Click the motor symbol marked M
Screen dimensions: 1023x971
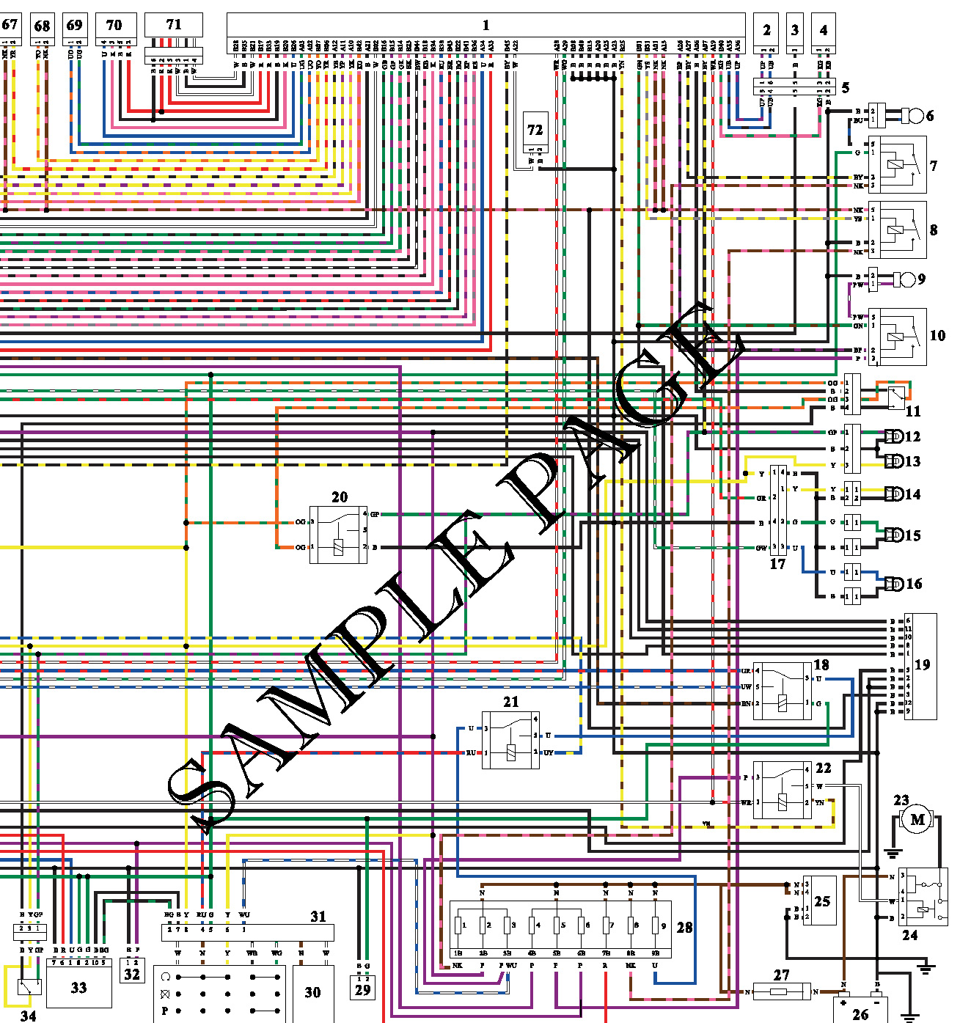tap(917, 819)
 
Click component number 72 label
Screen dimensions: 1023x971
tap(535, 131)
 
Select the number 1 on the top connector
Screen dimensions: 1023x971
tap(485, 25)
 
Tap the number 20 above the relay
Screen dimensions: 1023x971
tap(340, 497)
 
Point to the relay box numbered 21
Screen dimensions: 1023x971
tap(510, 740)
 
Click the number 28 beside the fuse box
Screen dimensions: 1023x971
tap(684, 928)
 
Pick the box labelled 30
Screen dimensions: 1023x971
tap(312, 992)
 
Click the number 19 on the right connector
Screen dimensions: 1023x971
tap(922, 664)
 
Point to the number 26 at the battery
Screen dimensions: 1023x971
tap(860, 1014)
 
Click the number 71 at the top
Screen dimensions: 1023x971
tap(174, 24)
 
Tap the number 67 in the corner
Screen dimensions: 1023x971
tap(10, 24)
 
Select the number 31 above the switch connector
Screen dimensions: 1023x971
tap(318, 916)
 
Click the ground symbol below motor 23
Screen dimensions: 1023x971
tap(893, 852)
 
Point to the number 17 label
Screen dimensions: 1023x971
tap(777, 564)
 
